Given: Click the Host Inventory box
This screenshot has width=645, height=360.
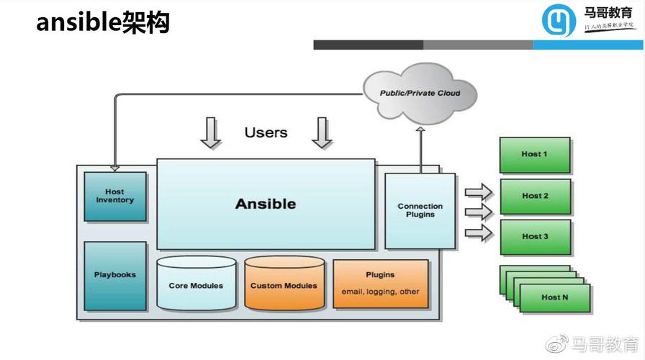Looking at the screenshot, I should (115, 196).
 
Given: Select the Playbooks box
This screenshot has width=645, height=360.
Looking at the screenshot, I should (115, 275).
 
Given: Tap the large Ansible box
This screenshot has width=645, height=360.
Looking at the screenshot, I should (266, 204).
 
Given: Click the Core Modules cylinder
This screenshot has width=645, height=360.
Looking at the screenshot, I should (196, 284).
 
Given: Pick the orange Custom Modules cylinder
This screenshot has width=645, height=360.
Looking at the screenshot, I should (284, 284).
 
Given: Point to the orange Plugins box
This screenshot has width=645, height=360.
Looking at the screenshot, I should (380, 284).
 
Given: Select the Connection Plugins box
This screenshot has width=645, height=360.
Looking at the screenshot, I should (420, 210).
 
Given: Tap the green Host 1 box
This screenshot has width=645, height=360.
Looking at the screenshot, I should (535, 154).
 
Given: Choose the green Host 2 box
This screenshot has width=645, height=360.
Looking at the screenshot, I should (535, 196).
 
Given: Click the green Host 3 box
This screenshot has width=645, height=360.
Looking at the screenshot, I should (535, 236).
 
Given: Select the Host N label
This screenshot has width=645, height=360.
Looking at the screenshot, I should (554, 297).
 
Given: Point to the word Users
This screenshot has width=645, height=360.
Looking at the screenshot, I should (266, 132).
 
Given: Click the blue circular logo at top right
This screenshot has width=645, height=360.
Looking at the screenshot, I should (559, 20).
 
